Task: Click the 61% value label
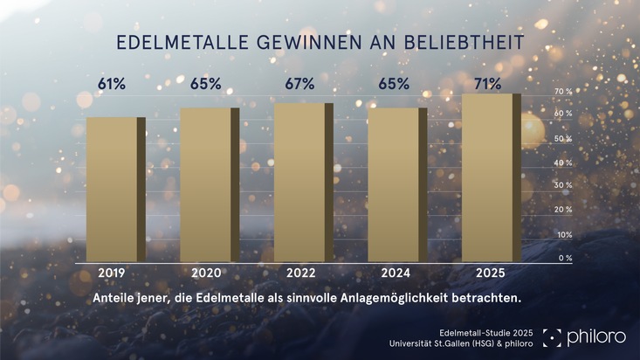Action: (112, 84)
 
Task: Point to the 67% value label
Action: (299, 84)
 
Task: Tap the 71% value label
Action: (487, 84)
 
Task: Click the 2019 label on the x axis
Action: (112, 273)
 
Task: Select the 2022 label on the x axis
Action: (299, 273)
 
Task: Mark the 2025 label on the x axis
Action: (487, 273)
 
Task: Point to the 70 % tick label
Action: (563, 92)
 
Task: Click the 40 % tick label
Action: (563, 163)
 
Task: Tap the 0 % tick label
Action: (565, 258)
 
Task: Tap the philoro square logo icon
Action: (551, 337)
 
